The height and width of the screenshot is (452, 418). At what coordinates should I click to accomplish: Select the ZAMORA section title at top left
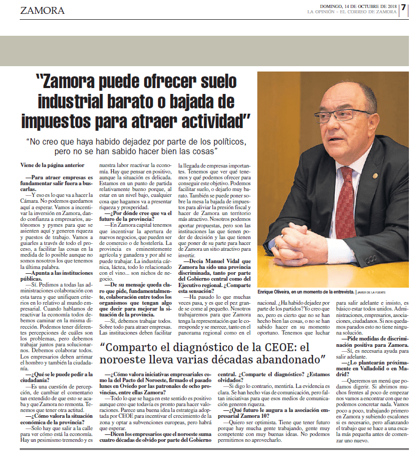click(43, 11)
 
